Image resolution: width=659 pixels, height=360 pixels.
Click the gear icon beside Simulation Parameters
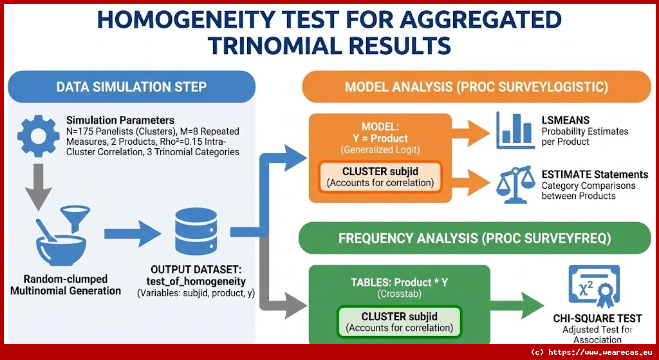click(x=38, y=136)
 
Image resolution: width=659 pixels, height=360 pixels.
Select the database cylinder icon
click(x=196, y=232)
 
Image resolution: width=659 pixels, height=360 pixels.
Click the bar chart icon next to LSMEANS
click(x=515, y=130)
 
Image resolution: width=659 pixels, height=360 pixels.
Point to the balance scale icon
click(x=515, y=185)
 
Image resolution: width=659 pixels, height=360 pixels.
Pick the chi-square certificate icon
click(x=594, y=287)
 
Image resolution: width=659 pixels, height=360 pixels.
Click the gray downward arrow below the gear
click(x=38, y=187)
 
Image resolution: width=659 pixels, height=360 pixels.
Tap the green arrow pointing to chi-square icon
click(x=517, y=305)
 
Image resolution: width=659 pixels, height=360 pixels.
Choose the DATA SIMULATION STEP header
click(x=131, y=87)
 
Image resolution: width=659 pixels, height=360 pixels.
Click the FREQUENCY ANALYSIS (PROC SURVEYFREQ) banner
click(x=474, y=238)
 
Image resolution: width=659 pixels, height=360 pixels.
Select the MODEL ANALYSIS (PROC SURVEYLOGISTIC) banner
click(x=477, y=87)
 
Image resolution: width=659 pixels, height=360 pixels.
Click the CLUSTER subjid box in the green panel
click(x=399, y=322)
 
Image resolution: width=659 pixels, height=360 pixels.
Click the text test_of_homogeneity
click(x=196, y=281)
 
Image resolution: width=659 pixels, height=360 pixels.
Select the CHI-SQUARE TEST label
click(x=597, y=318)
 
